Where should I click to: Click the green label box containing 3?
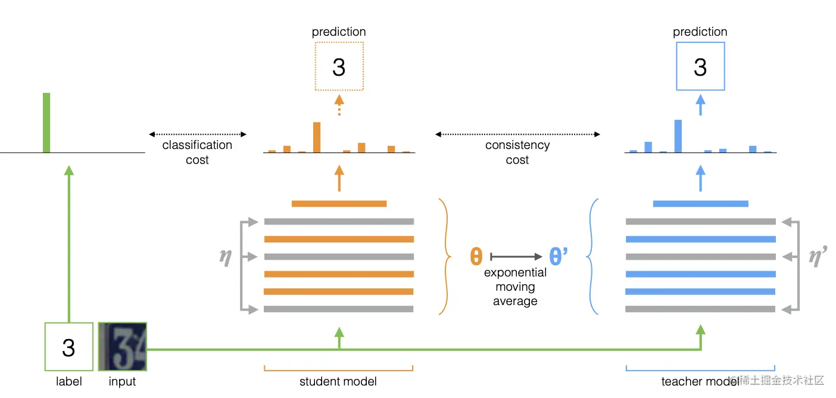[x=68, y=347]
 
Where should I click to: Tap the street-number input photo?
[x=122, y=347]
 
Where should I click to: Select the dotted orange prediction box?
[x=339, y=66]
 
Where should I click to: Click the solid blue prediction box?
[x=700, y=66]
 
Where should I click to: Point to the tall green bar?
[x=46, y=123]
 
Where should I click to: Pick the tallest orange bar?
[x=317, y=137]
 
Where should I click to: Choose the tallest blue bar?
[x=678, y=136]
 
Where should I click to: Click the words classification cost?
[x=197, y=153]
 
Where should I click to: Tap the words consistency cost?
[x=517, y=153]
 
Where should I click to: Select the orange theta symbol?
[x=476, y=257]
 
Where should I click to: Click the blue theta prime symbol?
[x=558, y=257]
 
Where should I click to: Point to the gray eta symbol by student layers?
[x=226, y=257]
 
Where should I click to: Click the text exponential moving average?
[x=515, y=287]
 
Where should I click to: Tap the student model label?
[x=338, y=381]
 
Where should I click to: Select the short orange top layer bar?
[x=339, y=204]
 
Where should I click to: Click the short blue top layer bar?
[x=700, y=204]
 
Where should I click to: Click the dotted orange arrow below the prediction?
[x=339, y=105]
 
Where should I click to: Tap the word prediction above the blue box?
[x=700, y=32]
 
